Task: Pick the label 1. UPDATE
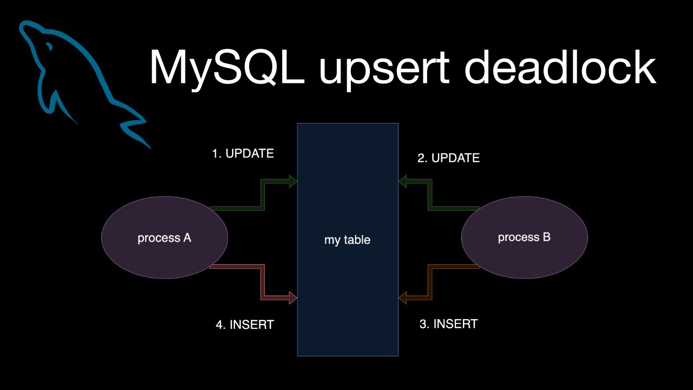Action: tap(243, 154)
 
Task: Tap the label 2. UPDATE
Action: tap(448, 158)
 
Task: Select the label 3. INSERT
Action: tap(448, 324)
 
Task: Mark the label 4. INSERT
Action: tap(245, 325)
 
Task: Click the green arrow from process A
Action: tap(262, 195)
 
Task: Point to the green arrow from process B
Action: tap(431, 195)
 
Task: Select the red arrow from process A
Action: tap(262, 282)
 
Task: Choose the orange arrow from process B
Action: tap(431, 282)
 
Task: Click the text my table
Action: tap(347, 240)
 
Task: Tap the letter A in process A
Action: tap(186, 238)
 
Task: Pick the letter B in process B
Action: tap(546, 237)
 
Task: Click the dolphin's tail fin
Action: tap(133, 127)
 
